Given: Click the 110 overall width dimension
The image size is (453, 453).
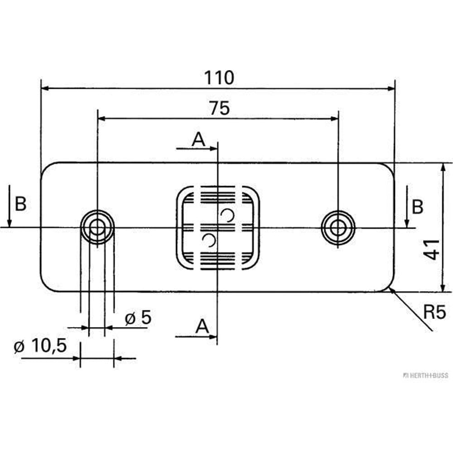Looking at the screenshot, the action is click(219, 78).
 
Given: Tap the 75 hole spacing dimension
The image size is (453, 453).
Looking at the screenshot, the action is click(220, 108).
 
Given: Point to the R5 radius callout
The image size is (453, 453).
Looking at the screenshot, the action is click(435, 312).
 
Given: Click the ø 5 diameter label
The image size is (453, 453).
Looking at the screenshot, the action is click(138, 318).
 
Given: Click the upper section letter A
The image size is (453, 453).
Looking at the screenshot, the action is click(198, 140).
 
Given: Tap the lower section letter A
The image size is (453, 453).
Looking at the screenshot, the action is click(202, 326).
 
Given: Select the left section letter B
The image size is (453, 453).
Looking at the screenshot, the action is click(20, 205).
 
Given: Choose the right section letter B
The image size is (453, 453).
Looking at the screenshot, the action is click(417, 207).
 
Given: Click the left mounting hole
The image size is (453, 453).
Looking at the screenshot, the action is click(97, 227).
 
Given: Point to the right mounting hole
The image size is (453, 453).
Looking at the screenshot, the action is click(338, 227).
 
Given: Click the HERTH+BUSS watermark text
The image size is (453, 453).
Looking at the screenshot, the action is click(425, 376).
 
